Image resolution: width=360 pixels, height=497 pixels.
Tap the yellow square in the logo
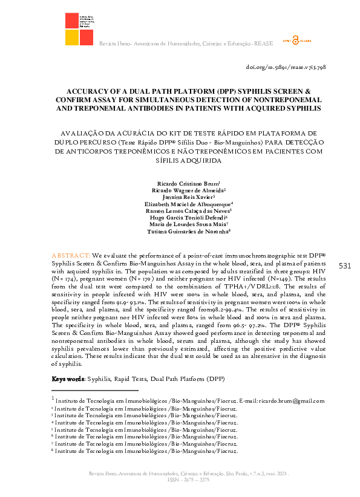click(x=71, y=38)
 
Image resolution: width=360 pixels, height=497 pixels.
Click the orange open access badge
click(x=296, y=41)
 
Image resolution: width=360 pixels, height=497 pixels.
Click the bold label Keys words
click(x=65, y=378)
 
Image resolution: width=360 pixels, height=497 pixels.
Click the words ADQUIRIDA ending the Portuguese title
click(x=200, y=161)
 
